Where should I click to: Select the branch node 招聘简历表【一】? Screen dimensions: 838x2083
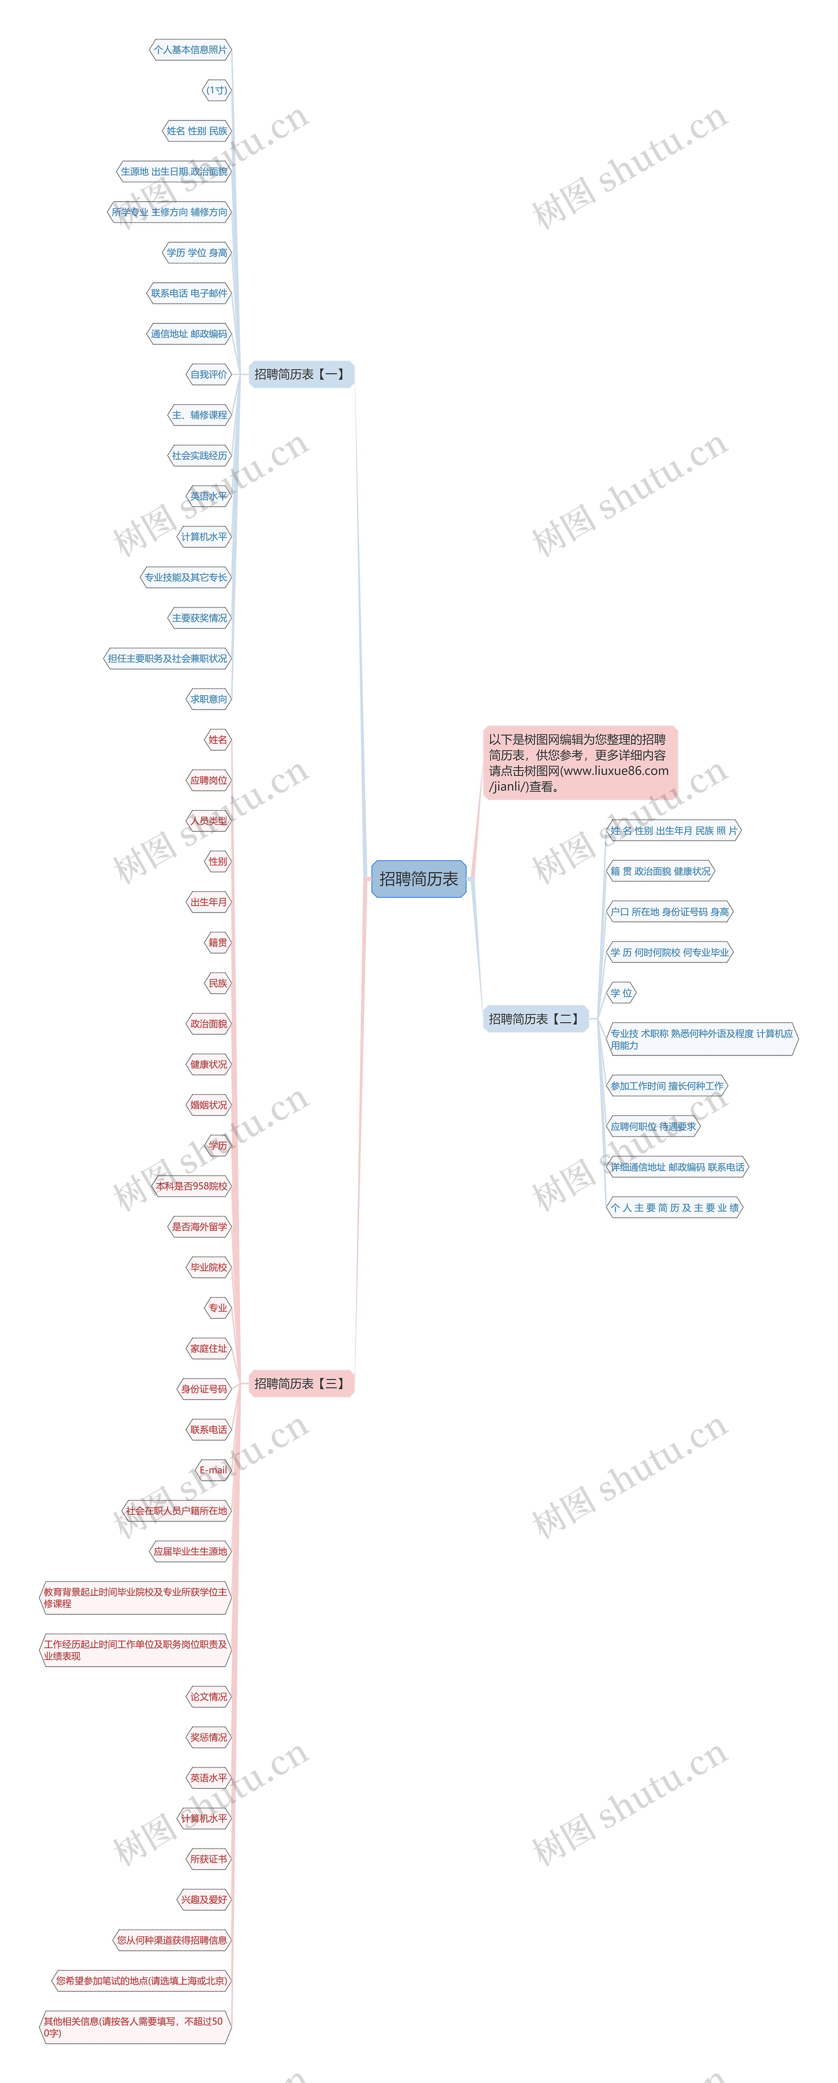pos(300,374)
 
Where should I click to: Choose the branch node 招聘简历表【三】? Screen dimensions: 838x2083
pos(300,1384)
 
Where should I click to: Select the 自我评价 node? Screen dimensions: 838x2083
pos(209,374)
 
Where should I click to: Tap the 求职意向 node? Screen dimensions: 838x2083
pos(209,699)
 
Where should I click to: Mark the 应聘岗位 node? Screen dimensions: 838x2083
pos(209,780)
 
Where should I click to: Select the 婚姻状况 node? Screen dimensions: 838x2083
pos(209,1105)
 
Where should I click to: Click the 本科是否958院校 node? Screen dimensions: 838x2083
pos(192,1186)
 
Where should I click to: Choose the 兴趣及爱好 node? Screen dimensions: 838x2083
pos(204,1899)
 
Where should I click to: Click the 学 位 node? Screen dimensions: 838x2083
pos(621,993)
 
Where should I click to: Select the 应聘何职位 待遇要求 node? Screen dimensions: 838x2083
pos(653,1126)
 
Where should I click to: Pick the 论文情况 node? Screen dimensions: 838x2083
pos(209,1696)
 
